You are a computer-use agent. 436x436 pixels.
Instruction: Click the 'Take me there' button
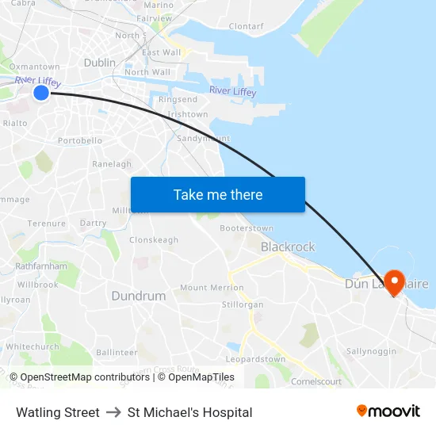click(x=218, y=195)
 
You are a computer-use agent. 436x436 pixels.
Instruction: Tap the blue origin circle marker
click(x=41, y=93)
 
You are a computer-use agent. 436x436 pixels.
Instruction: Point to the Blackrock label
click(x=288, y=247)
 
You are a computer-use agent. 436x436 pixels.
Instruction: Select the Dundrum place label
click(x=139, y=296)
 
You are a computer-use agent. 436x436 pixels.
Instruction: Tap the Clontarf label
click(x=246, y=26)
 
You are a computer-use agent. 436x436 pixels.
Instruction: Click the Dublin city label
click(x=99, y=62)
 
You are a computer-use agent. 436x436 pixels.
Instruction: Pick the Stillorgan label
click(x=243, y=304)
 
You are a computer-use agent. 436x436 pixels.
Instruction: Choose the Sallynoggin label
click(x=371, y=350)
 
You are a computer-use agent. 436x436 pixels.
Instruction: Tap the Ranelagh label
click(x=112, y=164)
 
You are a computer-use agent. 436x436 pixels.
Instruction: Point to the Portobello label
click(x=80, y=140)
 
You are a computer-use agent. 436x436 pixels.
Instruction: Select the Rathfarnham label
click(x=41, y=266)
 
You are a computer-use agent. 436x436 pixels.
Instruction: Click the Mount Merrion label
click(x=212, y=288)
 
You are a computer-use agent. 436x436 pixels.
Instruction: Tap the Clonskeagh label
click(x=154, y=239)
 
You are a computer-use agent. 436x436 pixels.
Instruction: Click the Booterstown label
click(x=247, y=228)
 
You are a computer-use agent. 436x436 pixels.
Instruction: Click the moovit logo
click(x=388, y=411)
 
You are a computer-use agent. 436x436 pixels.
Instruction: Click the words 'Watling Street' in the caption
click(x=58, y=412)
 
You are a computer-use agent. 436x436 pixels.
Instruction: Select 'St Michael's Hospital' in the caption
click(x=189, y=412)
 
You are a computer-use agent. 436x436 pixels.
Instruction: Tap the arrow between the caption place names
click(x=113, y=412)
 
